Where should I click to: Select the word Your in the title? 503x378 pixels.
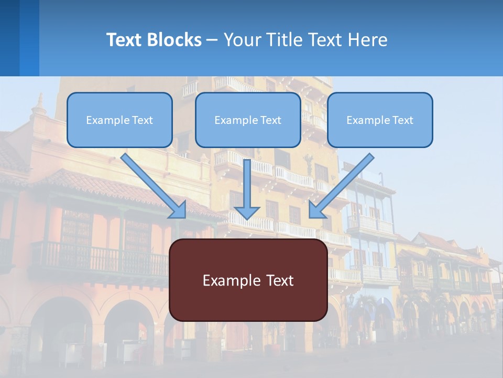(242, 40)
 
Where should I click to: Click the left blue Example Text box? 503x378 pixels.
(119, 120)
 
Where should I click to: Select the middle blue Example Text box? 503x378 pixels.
(248, 120)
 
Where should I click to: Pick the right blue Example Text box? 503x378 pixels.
(380, 120)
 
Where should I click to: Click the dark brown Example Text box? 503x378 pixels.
(248, 280)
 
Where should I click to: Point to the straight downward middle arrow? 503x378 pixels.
(247, 184)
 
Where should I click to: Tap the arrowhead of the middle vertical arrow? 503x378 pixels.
(247, 212)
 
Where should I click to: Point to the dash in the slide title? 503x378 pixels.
(212, 40)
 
